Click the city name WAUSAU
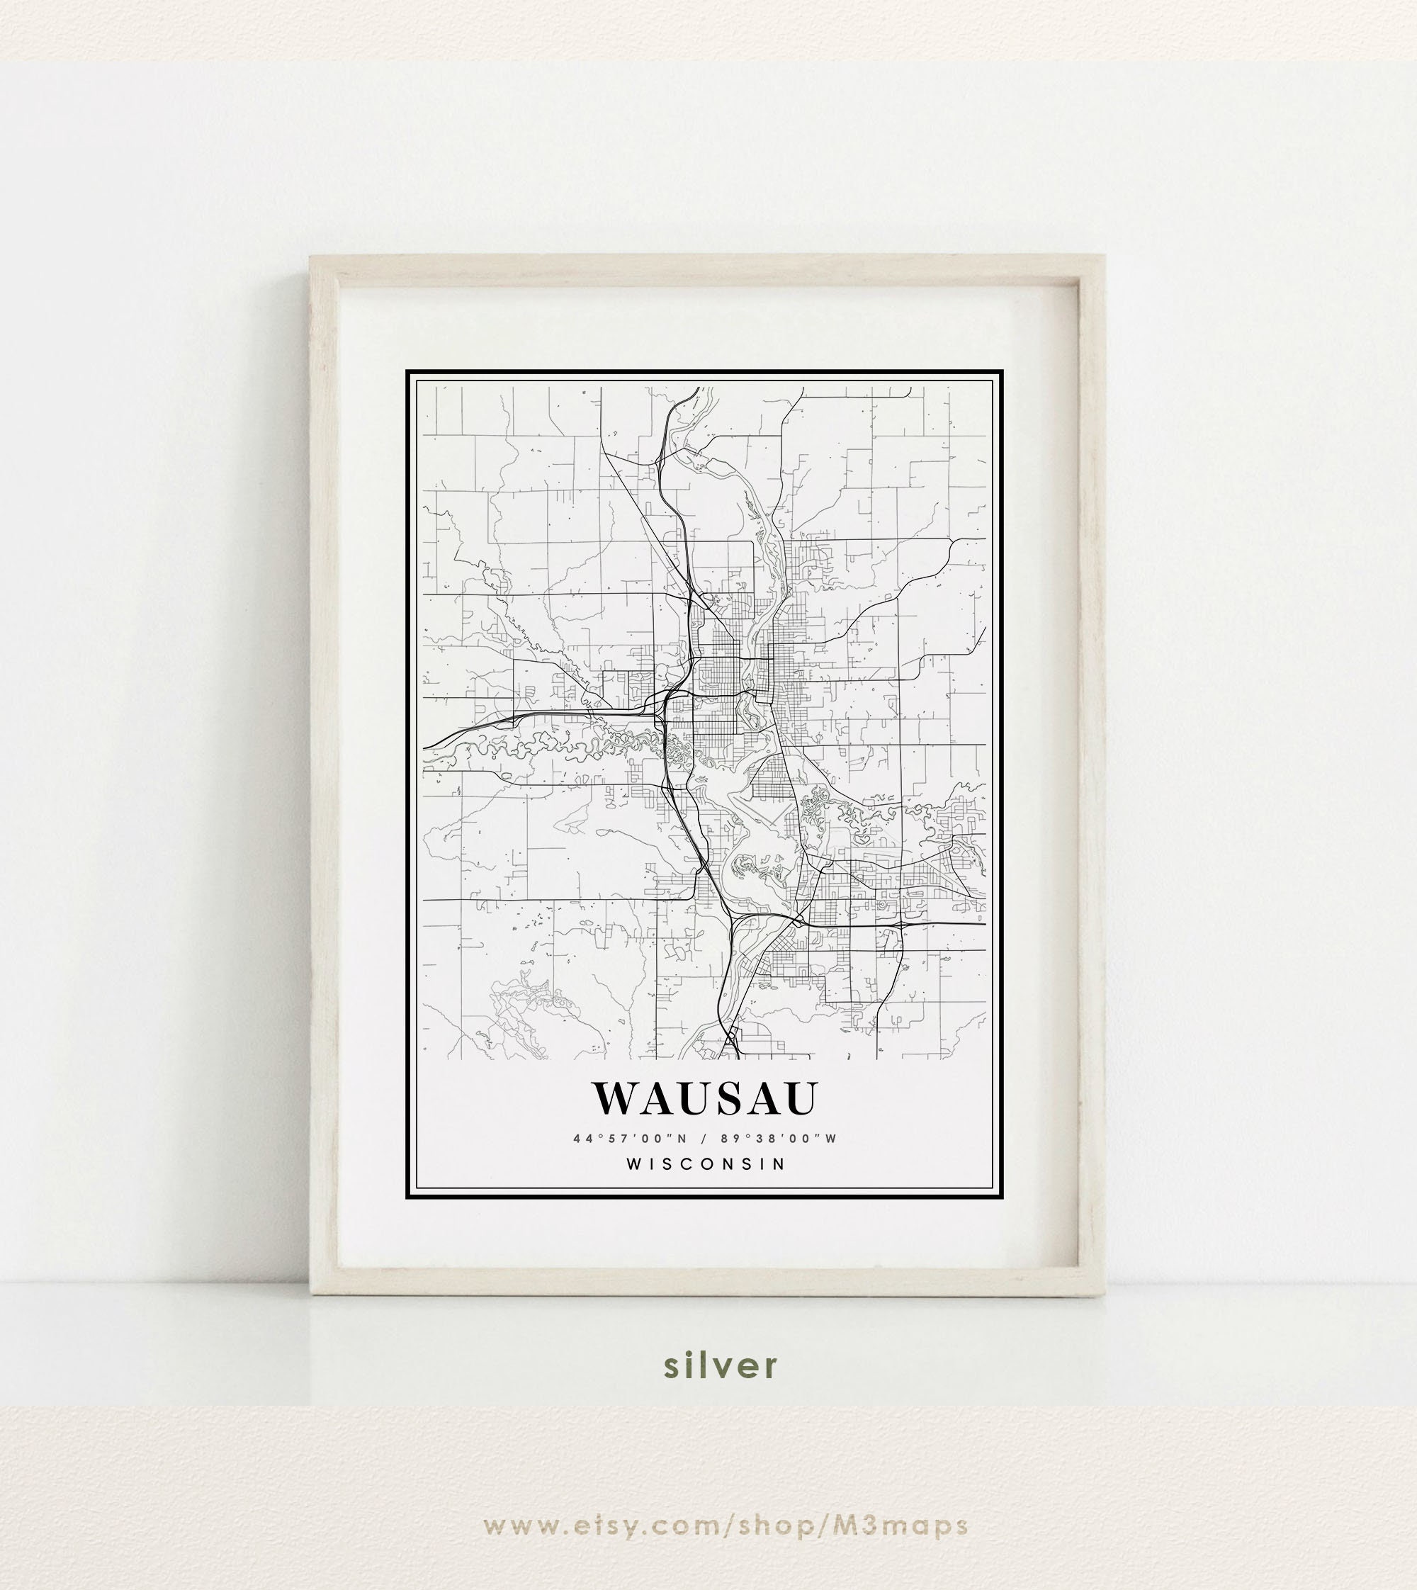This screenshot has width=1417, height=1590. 706,1098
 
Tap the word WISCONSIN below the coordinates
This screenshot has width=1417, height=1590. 706,1164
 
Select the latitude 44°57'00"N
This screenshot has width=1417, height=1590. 630,1139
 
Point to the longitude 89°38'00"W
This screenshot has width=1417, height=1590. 778,1139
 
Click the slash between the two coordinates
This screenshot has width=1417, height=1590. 704,1139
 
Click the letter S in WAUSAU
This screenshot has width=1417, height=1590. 716,1098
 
